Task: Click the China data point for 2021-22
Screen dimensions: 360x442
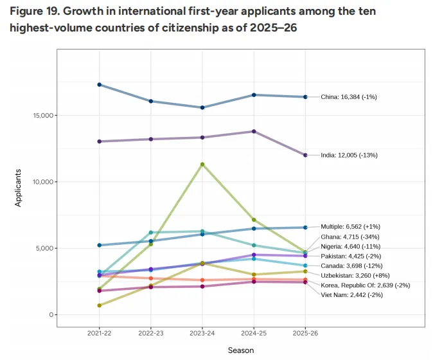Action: (x=100, y=85)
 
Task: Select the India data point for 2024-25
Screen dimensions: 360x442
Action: (x=254, y=131)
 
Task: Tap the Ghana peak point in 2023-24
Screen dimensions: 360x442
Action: (x=202, y=165)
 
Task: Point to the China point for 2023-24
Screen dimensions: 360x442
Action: (x=202, y=107)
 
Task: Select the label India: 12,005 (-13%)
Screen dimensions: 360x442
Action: (x=349, y=155)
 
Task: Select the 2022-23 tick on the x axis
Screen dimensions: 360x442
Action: (x=151, y=334)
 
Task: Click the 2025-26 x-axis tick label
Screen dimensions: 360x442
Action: (x=305, y=334)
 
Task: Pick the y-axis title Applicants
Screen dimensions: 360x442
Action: (x=19, y=186)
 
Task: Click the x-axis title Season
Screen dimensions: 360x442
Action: (x=241, y=350)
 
